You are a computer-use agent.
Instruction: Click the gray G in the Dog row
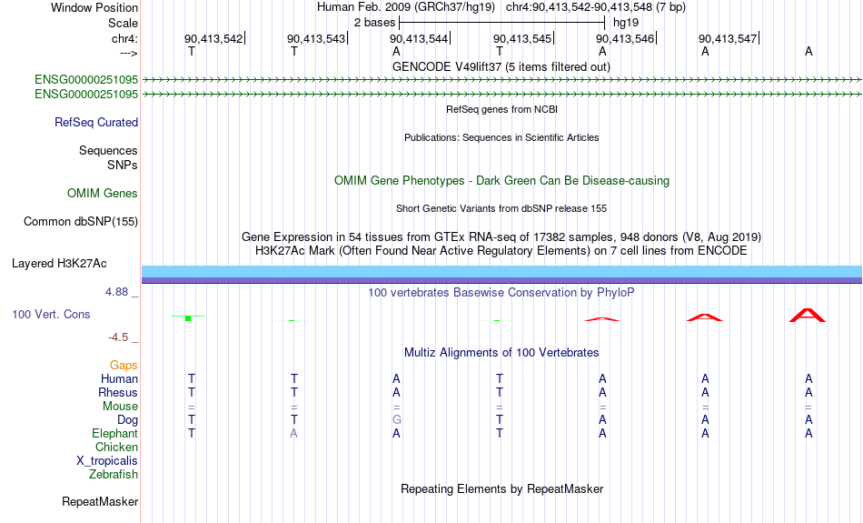(396, 420)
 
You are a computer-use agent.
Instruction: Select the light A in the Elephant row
(294, 434)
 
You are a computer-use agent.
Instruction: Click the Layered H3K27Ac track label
(59, 264)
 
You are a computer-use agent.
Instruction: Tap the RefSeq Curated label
(96, 123)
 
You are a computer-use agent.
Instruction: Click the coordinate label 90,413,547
(728, 38)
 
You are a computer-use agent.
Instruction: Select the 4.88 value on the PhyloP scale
(116, 292)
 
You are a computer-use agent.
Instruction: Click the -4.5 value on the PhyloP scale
(118, 337)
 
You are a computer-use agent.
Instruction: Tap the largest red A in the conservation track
(808, 316)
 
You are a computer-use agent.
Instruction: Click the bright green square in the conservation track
(188, 318)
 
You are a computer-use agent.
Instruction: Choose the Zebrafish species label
(114, 475)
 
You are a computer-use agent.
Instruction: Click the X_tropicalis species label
(107, 461)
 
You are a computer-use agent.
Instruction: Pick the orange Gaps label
(124, 366)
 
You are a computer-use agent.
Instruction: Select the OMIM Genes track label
(103, 194)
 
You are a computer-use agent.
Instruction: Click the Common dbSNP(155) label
(81, 222)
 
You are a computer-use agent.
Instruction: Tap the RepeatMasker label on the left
(100, 501)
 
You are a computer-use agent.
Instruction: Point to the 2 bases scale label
(374, 23)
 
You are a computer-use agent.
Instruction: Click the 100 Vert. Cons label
(51, 314)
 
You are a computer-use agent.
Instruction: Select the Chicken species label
(116, 447)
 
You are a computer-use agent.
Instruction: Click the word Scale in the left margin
(123, 23)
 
